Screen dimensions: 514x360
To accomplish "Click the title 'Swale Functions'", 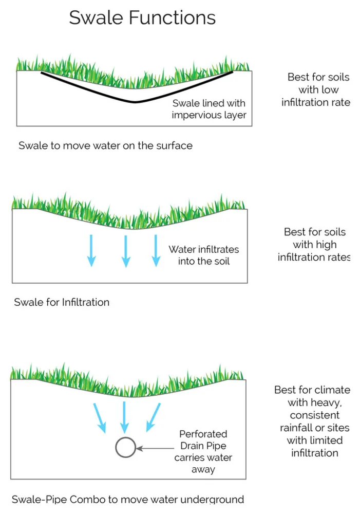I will [x=142, y=18].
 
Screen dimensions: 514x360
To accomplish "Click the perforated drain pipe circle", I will [x=125, y=447].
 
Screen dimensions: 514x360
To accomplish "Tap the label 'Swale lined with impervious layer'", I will [x=209, y=109].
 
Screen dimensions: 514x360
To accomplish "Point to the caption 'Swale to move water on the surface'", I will [x=105, y=145].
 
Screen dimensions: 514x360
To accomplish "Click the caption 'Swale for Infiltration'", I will [x=62, y=302].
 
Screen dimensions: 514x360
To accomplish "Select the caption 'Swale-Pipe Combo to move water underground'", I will [x=127, y=499].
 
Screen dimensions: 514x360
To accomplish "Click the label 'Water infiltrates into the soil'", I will [x=204, y=255].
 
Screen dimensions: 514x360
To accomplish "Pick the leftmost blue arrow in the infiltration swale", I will [x=91, y=251].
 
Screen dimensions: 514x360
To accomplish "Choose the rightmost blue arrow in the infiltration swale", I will [x=155, y=251].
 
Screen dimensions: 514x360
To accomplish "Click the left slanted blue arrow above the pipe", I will [x=100, y=417].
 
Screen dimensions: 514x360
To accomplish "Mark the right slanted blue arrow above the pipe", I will [x=153, y=416].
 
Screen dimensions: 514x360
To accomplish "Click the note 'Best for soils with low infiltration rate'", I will [x=316, y=90].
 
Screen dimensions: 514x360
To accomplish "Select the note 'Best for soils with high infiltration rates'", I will [x=314, y=245].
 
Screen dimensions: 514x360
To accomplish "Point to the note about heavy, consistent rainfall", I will [x=314, y=421].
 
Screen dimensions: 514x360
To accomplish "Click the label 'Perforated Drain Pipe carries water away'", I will [x=203, y=452].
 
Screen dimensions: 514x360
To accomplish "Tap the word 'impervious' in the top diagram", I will [x=196, y=115].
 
